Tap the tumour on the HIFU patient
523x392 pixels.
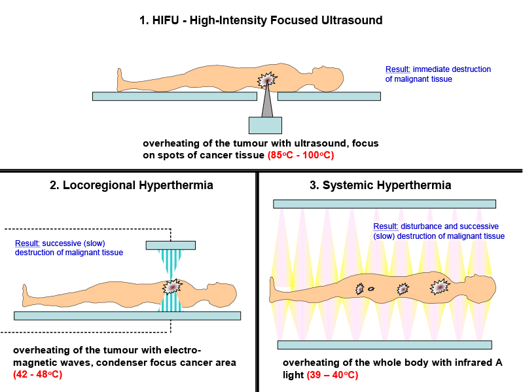267,80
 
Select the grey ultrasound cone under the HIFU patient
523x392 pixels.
267,101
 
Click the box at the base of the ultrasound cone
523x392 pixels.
265,126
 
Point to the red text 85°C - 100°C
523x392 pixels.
300,155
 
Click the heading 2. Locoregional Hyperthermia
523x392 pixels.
132,185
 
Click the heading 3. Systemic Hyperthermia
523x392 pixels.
380,185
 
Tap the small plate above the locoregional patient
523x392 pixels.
171,245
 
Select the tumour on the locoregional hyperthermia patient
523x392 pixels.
172,287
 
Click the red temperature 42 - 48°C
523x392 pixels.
38,374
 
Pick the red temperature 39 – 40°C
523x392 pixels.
333,375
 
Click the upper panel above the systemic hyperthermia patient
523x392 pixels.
385,204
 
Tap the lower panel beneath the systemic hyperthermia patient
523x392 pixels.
385,345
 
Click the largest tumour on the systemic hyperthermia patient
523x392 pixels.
440,287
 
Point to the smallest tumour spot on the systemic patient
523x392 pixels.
371,289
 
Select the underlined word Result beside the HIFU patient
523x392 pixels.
397,69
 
